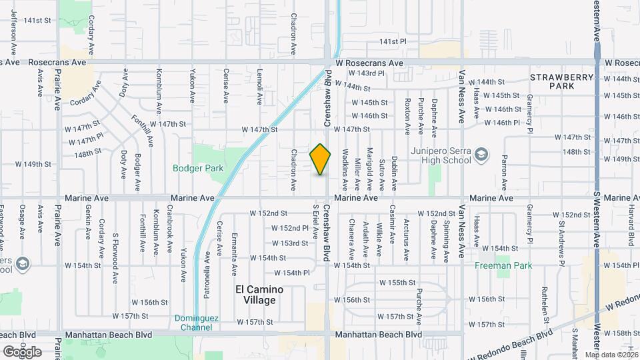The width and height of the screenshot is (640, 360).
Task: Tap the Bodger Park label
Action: click(198, 169)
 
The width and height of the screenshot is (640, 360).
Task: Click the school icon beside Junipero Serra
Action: click(480, 156)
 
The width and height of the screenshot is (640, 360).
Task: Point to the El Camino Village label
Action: click(259, 295)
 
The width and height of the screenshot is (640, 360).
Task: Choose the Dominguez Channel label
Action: click(196, 323)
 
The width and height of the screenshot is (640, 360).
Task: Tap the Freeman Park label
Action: click(503, 265)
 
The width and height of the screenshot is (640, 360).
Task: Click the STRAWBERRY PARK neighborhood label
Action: click(562, 81)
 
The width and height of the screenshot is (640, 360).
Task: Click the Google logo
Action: click(22, 351)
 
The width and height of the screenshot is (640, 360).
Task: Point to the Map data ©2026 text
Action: click(609, 355)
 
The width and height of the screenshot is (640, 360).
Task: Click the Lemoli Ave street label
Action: click(260, 87)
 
